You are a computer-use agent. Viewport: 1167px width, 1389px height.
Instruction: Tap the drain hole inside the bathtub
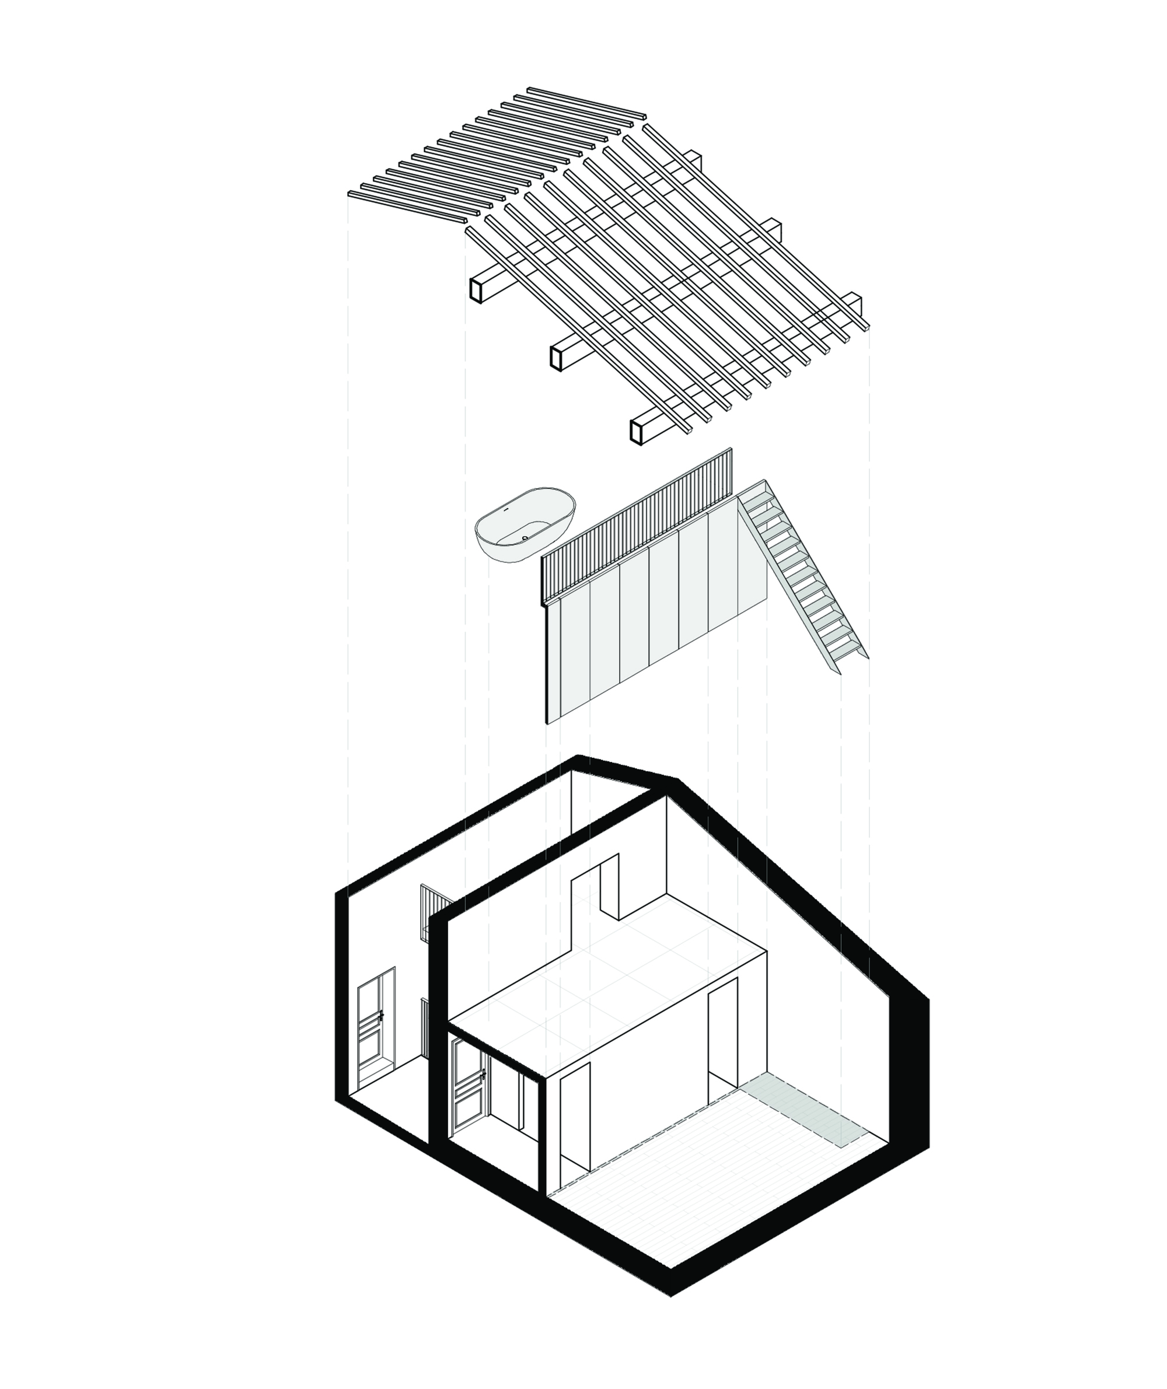point(525,538)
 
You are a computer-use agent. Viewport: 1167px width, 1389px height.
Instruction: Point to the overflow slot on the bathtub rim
point(505,510)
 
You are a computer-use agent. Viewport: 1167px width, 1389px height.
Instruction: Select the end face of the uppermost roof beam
point(475,290)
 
